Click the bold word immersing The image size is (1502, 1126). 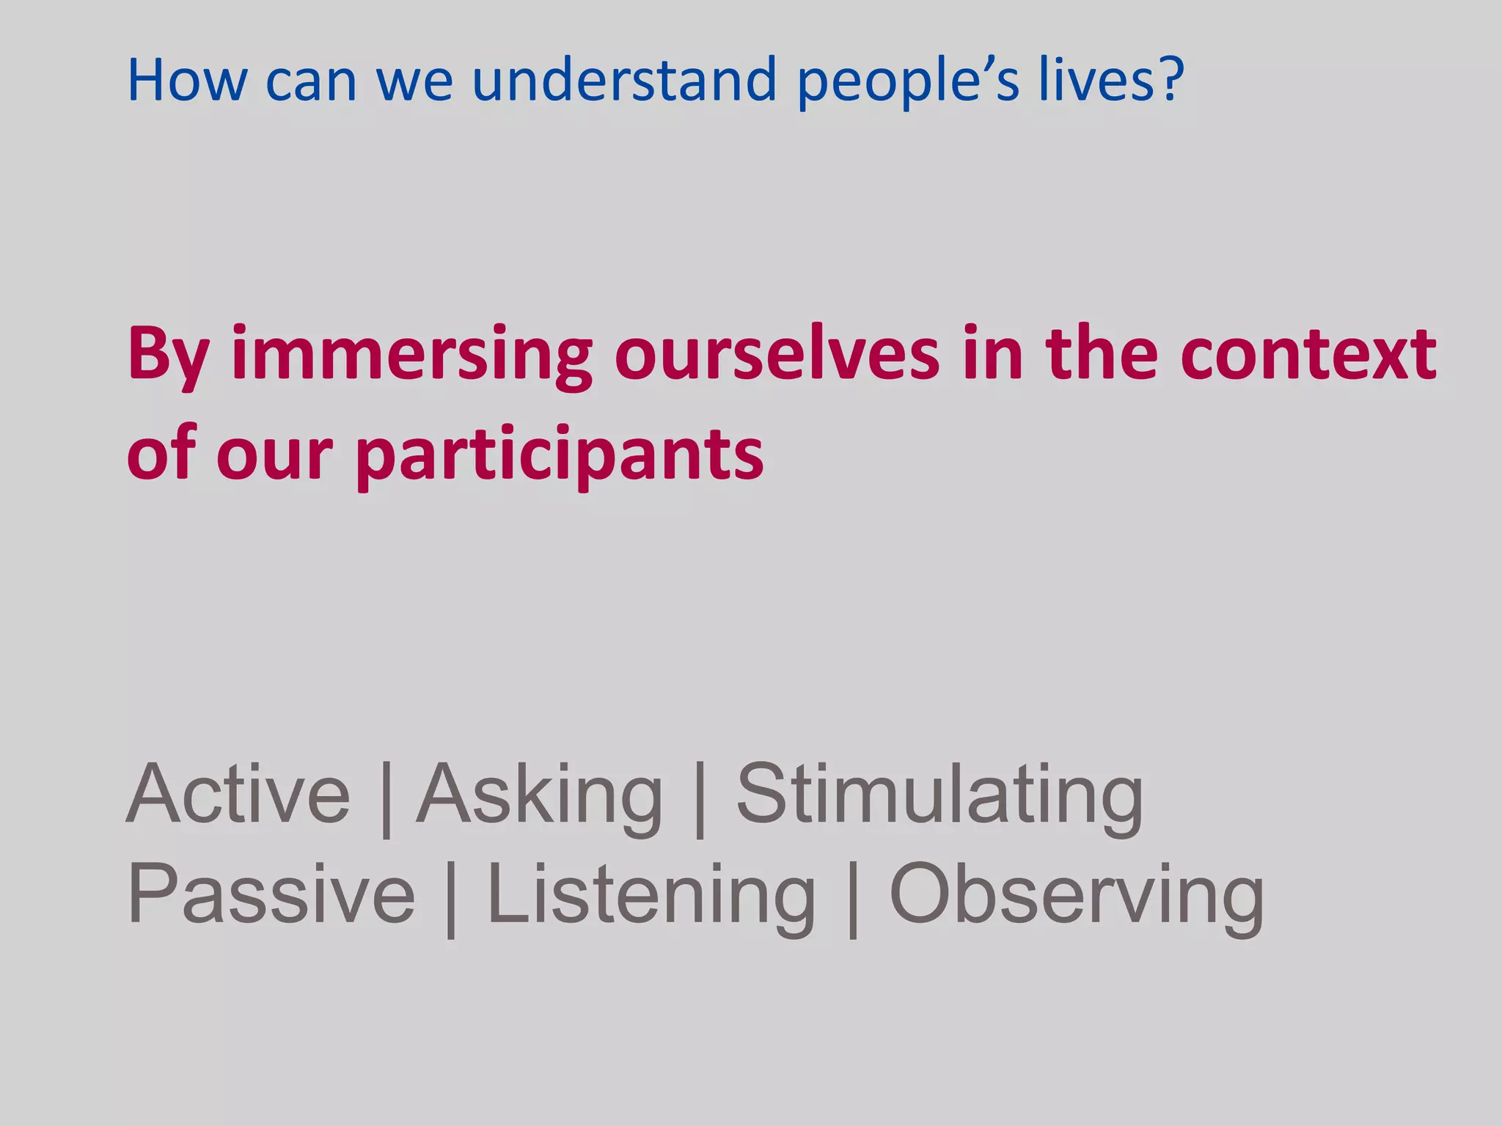pos(411,356)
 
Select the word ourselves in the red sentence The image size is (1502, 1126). pos(777,355)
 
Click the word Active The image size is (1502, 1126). pos(238,795)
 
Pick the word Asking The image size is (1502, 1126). pos(540,796)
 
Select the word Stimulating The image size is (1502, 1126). pos(939,796)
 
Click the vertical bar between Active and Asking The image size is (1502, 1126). pos(387,799)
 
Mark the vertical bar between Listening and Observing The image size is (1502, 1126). pos(852,899)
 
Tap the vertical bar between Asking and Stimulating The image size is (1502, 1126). pos(700,799)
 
